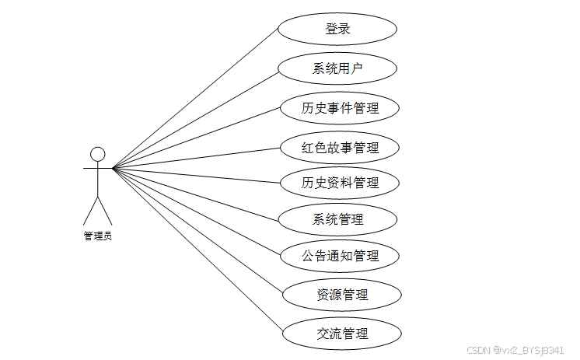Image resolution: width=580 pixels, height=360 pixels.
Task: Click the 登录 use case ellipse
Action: pyautogui.click(x=337, y=30)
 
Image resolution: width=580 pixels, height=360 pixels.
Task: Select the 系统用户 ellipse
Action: pyautogui.click(x=337, y=68)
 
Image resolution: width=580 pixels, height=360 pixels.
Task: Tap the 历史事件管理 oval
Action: pyautogui.click(x=340, y=107)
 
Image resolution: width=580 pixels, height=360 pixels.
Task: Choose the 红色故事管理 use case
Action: pyautogui.click(x=340, y=147)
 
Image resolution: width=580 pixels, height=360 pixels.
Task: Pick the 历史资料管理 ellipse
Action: pyautogui.click(x=340, y=183)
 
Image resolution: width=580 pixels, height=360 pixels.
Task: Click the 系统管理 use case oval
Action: pyautogui.click(x=337, y=219)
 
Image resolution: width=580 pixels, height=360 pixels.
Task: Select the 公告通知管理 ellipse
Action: pyautogui.click(x=340, y=255)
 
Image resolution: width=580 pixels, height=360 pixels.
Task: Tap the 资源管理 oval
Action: pyautogui.click(x=342, y=295)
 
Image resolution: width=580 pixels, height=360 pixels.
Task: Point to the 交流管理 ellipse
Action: pyautogui.click(x=342, y=334)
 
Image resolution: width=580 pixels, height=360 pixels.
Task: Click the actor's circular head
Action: pyautogui.click(x=97, y=153)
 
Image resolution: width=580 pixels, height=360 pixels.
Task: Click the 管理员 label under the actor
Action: pyautogui.click(x=98, y=236)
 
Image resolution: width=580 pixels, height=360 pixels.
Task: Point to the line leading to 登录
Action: pyautogui.click(x=194, y=99)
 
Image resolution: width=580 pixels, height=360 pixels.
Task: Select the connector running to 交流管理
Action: pyautogui.click(x=197, y=251)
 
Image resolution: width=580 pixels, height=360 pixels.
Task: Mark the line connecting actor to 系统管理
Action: pyautogui.click(x=194, y=193)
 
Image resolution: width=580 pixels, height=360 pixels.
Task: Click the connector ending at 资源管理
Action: pyautogui.click(x=197, y=231)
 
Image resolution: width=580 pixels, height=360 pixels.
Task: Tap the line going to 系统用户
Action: pyautogui.click(x=194, y=118)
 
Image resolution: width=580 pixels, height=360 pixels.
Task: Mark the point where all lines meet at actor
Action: pyautogui.click(x=113, y=167)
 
